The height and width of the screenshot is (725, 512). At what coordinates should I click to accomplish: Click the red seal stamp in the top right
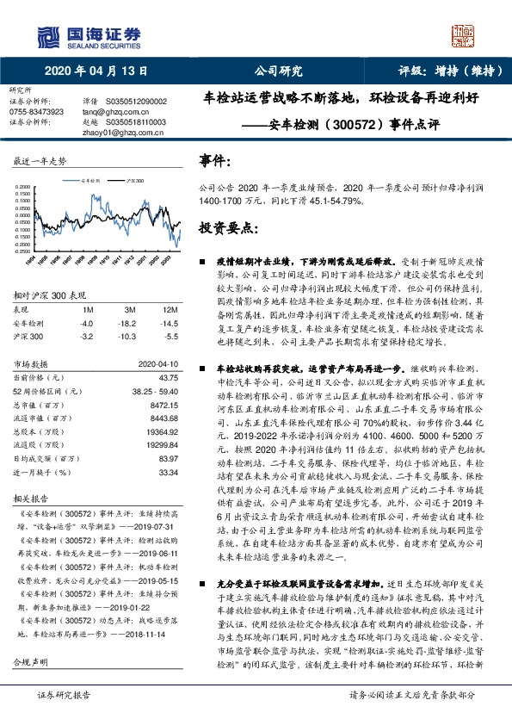pyautogui.click(x=464, y=35)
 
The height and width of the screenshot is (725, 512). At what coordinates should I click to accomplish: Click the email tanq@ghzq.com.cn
pyautogui.click(x=113, y=112)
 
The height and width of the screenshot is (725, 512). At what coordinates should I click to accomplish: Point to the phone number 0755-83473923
pyautogui.click(x=36, y=112)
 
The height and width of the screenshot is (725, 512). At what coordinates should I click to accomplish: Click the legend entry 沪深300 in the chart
pyautogui.click(x=134, y=182)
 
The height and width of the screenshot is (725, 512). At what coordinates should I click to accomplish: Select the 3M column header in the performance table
pyautogui.click(x=131, y=309)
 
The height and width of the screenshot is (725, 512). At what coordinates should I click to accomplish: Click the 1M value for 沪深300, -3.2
pyautogui.click(x=86, y=337)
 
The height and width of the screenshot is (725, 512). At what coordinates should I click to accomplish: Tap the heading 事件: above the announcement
pyautogui.click(x=214, y=160)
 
